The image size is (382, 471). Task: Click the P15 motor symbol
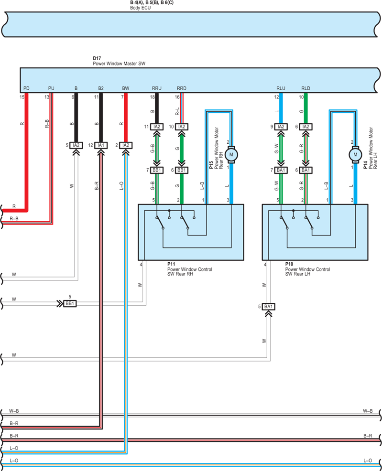coord(231,155)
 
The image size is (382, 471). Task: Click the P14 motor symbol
coord(355,155)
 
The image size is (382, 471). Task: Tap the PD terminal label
coord(26,88)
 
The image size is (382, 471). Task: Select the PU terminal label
coord(51,88)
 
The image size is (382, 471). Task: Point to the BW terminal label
coord(126,88)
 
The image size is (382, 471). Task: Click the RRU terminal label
coord(157,88)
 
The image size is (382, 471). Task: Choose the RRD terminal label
coord(182,88)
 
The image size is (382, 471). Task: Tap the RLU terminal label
coord(281,88)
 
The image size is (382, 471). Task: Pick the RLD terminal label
coord(306,88)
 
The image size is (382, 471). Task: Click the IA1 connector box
coord(101,145)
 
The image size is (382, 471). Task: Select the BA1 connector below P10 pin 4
coord(268,307)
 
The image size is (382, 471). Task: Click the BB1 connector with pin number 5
coord(70,304)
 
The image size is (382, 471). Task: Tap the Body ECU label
coord(141,8)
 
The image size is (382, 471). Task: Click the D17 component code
coord(97,58)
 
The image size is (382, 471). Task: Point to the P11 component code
coord(171,264)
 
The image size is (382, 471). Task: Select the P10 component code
coord(289,264)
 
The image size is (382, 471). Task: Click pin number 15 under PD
coord(22,97)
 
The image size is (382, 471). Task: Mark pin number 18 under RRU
coord(153,97)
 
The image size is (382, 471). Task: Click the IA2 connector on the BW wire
coord(126,145)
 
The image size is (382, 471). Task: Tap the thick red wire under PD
coord(26,152)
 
